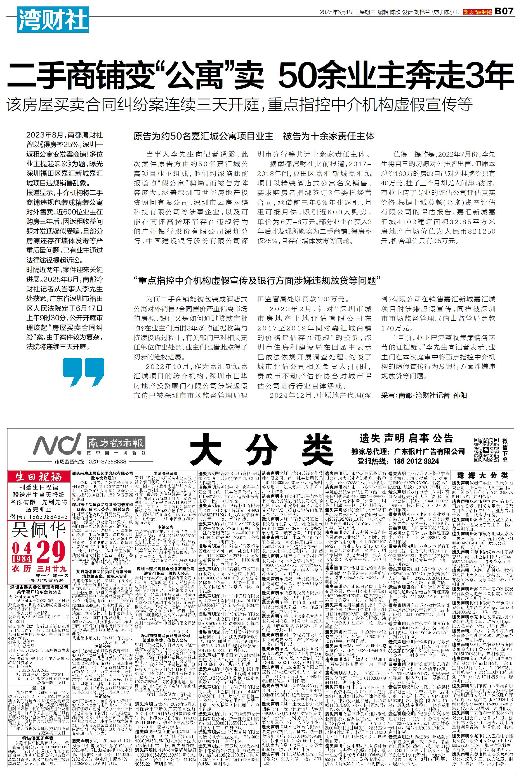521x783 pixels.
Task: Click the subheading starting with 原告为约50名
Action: point(254,136)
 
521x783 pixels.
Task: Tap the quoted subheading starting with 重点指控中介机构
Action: point(256,280)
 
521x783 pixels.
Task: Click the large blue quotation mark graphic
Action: point(83,372)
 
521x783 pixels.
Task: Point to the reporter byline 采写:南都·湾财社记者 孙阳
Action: point(424,395)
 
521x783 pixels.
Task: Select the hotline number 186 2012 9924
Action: point(416,461)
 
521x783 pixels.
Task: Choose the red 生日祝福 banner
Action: point(39,477)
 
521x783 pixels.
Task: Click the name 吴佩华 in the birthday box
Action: point(39,530)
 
